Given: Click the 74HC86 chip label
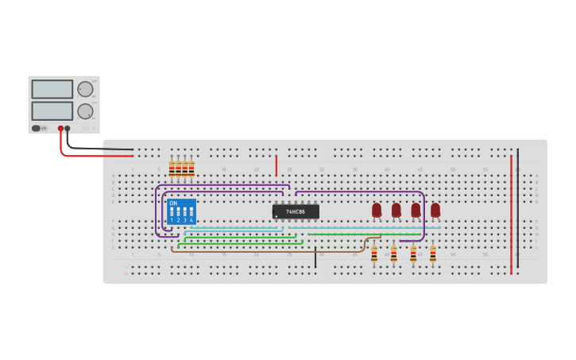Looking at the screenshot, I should pos(296,211).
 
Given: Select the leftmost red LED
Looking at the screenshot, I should pos(377,210).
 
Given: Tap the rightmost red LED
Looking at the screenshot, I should pos(435,210).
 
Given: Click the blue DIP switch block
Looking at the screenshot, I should pos(181,211).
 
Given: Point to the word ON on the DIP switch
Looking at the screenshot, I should pos(173,203).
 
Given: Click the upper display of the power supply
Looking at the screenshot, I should pos(52,89).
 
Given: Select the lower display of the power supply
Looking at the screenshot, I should pos(52,110).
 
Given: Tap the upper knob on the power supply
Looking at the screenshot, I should pos(85,89).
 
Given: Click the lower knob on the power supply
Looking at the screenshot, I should pos(85,111).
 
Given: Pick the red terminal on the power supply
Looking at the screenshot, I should pos(60,128).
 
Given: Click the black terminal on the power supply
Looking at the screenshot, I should pos(68,128).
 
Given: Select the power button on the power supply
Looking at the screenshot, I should pos(36,128).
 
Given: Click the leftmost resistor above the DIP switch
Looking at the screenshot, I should pos(172,168).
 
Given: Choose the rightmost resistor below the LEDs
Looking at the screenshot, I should pos(432,254).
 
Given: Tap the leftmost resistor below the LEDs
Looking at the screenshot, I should pos(374,254).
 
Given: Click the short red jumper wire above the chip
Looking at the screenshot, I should pos(276,165).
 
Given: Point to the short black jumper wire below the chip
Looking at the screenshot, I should pos(315,257).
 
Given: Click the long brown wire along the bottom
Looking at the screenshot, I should pos(262,251).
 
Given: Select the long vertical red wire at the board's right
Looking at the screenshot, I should pos(511,215).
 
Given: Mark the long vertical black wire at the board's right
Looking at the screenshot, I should pos(518,207).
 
